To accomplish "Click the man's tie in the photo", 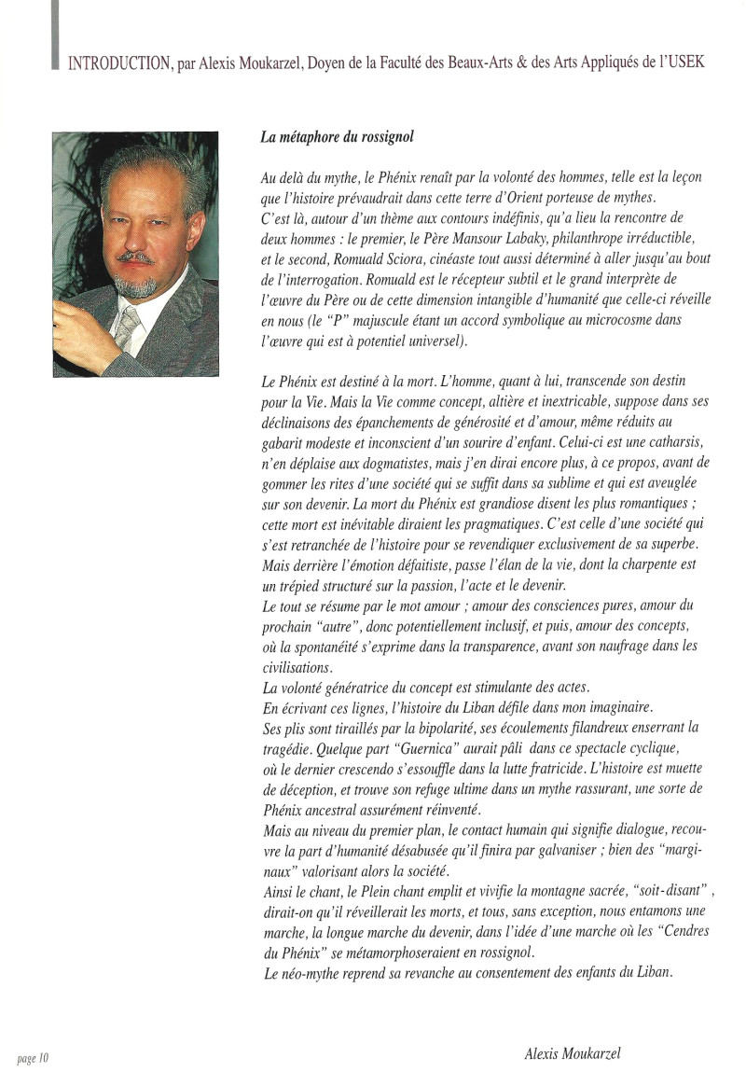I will click(x=132, y=329).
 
